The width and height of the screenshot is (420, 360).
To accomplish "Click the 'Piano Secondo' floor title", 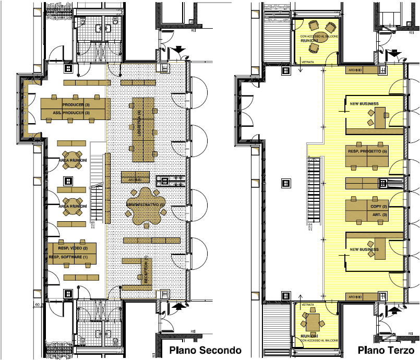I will [x=201, y=350].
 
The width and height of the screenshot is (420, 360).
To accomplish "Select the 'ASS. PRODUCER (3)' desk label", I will [x=71, y=113].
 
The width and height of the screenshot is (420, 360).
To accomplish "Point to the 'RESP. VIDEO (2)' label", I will [x=73, y=248].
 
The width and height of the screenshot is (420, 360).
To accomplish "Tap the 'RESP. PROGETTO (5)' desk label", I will [x=368, y=151].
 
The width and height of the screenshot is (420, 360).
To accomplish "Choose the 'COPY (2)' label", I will [x=378, y=207].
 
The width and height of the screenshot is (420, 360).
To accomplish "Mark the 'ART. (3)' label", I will [x=380, y=215].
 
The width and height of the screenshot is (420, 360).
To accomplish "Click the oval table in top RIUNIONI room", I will [x=314, y=35].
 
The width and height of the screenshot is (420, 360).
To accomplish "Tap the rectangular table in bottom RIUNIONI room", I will [x=313, y=321].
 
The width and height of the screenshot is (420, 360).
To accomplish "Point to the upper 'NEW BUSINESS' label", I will [x=364, y=104].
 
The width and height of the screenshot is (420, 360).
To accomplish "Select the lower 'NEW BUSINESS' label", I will [x=364, y=249].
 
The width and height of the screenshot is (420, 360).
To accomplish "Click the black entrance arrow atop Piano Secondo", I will [x=179, y=50].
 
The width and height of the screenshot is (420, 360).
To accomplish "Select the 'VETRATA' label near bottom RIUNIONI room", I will [x=307, y=304].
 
